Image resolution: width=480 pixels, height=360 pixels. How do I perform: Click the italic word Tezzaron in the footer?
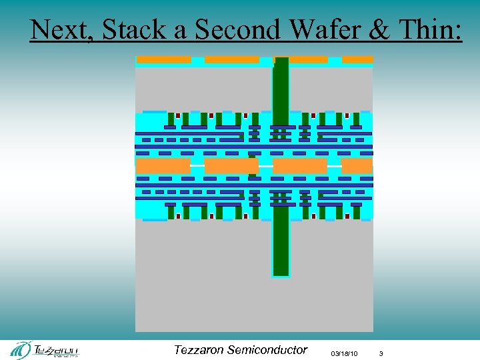[x=199, y=349]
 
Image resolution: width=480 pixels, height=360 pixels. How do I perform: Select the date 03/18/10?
[x=344, y=353]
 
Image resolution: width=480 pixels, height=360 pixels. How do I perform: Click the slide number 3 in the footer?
[x=381, y=353]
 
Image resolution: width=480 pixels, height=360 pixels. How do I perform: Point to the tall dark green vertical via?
[x=281, y=167]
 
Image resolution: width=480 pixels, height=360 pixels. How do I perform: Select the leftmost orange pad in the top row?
[x=164, y=60]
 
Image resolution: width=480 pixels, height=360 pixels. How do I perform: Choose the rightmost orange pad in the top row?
[x=357, y=60]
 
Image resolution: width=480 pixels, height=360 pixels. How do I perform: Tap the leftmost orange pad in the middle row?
[x=163, y=165]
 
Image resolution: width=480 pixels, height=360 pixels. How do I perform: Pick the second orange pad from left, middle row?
[x=231, y=165]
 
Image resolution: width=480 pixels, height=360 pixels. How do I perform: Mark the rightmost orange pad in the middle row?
[x=357, y=165]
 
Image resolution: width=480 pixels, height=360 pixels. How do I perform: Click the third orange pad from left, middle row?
[x=300, y=165]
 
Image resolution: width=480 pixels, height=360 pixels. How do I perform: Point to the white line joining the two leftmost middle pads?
[x=197, y=165]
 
